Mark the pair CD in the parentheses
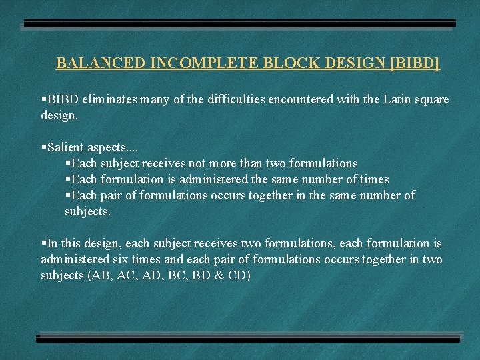tap(238, 275)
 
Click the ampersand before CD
tap(222, 275)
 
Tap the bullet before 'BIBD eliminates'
tap(43, 99)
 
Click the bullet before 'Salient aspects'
tap(43, 147)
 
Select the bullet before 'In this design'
tap(43, 243)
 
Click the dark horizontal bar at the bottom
tap(248, 339)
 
